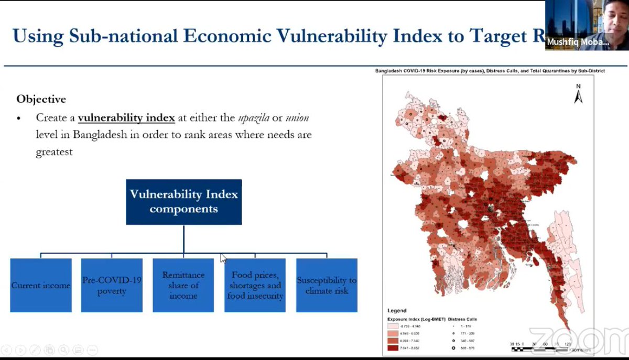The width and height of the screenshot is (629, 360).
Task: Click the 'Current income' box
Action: pos(41,286)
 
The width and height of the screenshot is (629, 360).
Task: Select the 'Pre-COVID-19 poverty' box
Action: pos(112,286)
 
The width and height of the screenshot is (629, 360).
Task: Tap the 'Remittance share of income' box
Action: pos(183,286)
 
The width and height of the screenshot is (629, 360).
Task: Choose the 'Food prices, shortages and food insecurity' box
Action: pos(255,286)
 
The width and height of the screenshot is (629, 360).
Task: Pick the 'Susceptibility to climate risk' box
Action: pos(327,286)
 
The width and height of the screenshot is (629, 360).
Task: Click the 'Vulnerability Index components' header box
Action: pos(183,202)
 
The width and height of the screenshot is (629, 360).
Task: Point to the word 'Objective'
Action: pos(41,99)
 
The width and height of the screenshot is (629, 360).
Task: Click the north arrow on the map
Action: pos(579,94)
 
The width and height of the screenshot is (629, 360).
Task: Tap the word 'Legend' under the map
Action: pos(397,311)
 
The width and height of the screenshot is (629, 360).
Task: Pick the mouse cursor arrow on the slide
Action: pos(223,258)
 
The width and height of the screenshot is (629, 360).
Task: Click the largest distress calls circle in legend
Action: pos(453,347)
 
